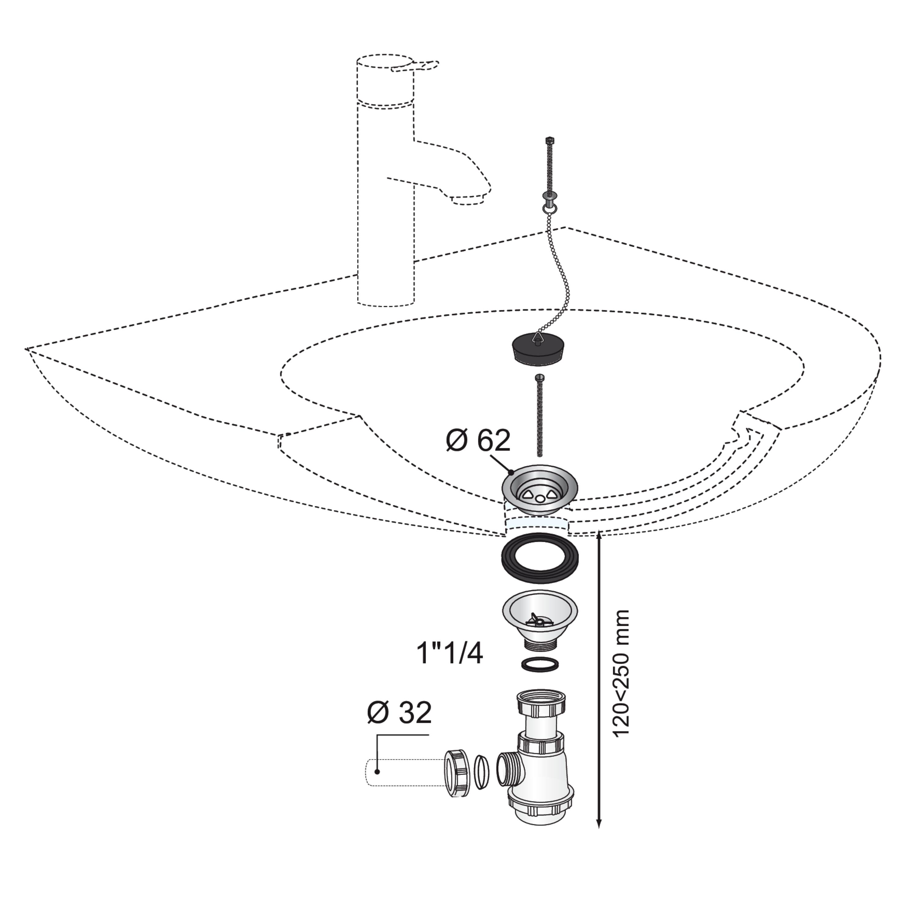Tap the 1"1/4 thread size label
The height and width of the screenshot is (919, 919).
pos(449,654)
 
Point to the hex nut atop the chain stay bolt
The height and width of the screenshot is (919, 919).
pos(549,140)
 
